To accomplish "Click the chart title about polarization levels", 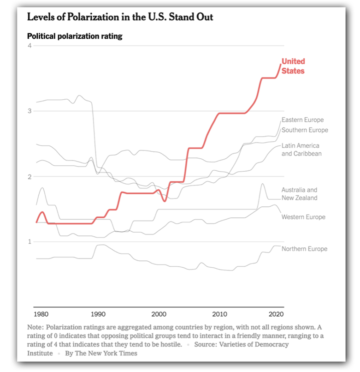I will tap(120, 18).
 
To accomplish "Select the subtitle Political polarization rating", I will tap(75, 36).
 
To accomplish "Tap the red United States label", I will tap(293, 66).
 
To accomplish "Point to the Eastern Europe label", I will tap(302, 120).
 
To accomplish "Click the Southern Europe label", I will tap(305, 130).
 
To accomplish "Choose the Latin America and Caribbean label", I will tap(301, 150).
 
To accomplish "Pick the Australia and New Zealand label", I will tap(299, 194).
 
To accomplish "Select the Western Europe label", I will tap(303, 217).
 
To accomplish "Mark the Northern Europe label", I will tap(304, 249).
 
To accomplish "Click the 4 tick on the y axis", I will tap(30, 46).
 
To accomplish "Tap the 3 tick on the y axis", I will tap(30, 111).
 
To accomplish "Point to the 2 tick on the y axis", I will tap(30, 177).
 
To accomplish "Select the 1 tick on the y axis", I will tap(30, 242).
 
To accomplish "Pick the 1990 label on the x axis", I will tap(98, 315).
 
